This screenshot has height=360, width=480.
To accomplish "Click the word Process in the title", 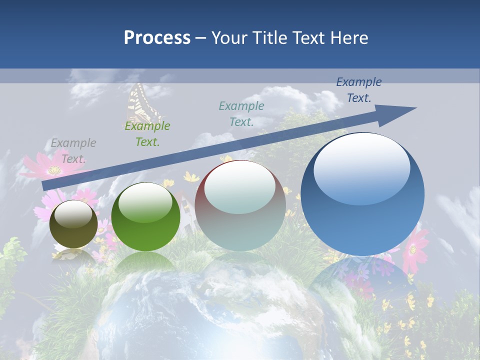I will point(157,38).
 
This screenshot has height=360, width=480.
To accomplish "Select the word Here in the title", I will point(350,38).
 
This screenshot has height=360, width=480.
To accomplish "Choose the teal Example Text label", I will point(241,113).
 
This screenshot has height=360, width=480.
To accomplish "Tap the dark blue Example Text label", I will point(359,90).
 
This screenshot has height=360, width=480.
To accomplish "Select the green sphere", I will point(145,217).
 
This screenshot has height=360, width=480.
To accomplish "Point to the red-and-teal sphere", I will point(240,206).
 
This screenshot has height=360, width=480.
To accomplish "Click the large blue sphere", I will point(362,194).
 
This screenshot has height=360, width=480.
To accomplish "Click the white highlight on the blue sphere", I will point(362,169).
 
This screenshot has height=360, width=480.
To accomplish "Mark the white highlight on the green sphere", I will point(145,203).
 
